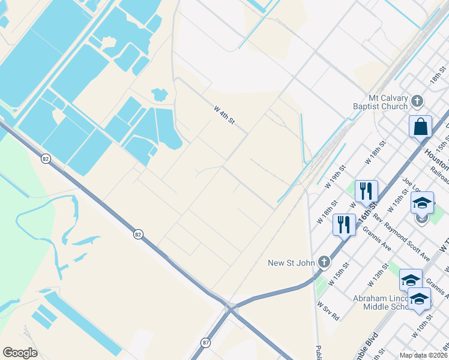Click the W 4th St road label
tap(223, 116)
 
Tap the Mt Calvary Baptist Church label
tap(388, 103)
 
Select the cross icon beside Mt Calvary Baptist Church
tap(417, 100)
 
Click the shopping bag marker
tap(420, 127)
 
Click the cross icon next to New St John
tap(324, 262)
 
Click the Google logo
tap(20, 353)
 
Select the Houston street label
tap(436, 157)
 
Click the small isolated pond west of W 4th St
tap(160, 95)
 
